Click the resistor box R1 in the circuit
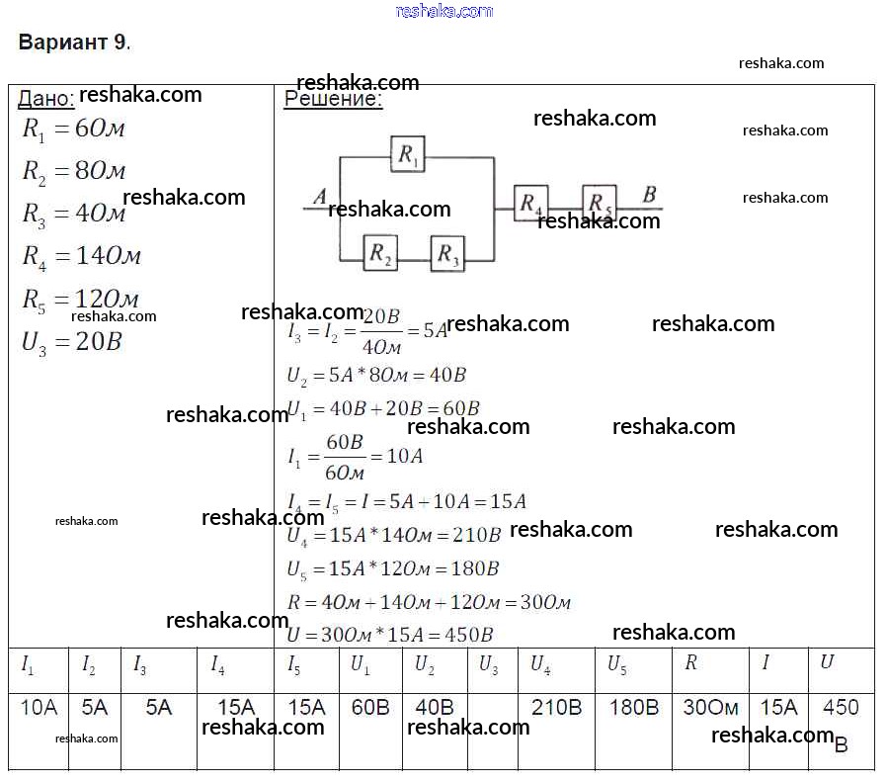pos(407,154)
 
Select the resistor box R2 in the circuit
pos(380,253)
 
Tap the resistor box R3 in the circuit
pos(448,253)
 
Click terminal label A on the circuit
pos(319,198)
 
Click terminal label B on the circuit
pos(649,195)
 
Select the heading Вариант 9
pos(74,43)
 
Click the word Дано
pos(45,99)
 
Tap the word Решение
pos(333,99)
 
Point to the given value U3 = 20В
pos(71,343)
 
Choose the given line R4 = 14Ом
pos(81,256)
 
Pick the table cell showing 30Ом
pos(710,707)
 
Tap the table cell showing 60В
pos(370,707)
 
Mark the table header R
pos(690,662)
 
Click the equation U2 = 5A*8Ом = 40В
pos(376,376)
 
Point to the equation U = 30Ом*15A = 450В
pos(390,635)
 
